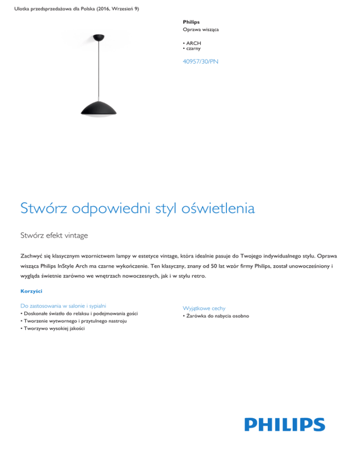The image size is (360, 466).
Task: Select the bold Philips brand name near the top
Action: point(191,22)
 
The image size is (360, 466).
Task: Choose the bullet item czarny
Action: point(193,48)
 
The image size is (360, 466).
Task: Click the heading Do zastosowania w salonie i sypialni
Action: point(67,306)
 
